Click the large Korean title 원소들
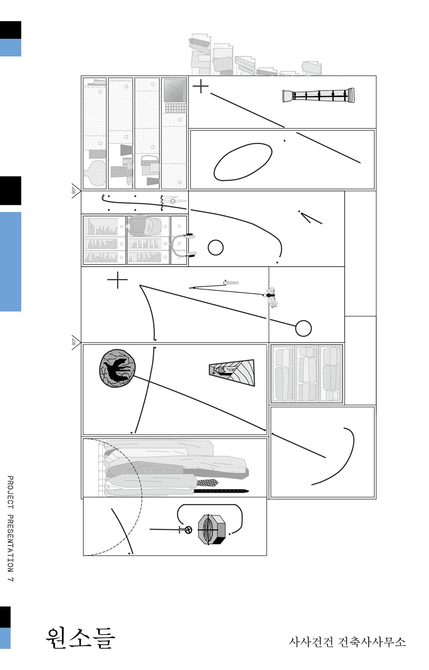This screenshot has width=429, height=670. [80, 638]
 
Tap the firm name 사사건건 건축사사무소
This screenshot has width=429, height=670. [347, 642]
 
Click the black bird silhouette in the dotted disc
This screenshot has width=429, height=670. [117, 368]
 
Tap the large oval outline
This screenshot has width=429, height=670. [243, 162]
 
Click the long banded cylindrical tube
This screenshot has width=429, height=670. [319, 95]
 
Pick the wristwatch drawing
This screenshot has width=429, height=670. [173, 201]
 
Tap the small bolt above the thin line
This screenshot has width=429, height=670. [231, 283]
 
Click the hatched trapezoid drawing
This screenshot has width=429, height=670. [232, 372]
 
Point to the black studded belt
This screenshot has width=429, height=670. [221, 491]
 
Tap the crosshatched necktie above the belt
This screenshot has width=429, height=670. [207, 483]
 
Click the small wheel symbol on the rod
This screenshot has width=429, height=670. [188, 530]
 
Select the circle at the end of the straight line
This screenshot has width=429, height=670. [303, 328]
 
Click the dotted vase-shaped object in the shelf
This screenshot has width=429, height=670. [95, 173]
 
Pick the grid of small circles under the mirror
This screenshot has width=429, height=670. [176, 108]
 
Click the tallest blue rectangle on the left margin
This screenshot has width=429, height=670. [10, 262]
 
